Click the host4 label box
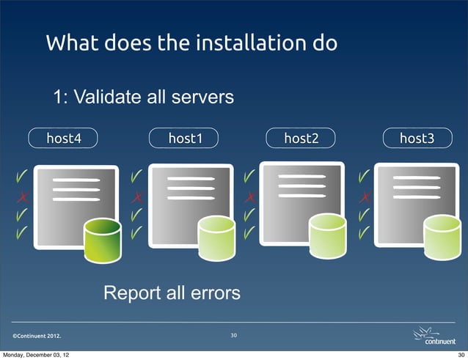(64, 137)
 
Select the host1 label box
(185, 137)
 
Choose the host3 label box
(416, 137)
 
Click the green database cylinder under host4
(102, 240)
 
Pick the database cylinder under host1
(218, 240)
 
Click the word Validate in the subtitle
(109, 97)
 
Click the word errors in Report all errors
(214, 294)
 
